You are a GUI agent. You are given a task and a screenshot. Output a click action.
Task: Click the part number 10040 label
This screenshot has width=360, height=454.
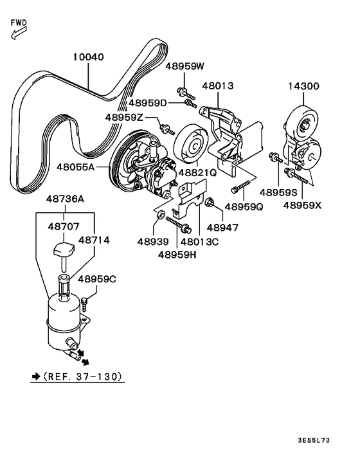pyautogui.click(x=87, y=57)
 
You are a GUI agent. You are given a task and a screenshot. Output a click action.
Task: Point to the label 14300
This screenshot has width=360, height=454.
pyautogui.click(x=303, y=86)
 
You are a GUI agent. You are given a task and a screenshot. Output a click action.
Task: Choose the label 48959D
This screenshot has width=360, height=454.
pyautogui.click(x=147, y=102)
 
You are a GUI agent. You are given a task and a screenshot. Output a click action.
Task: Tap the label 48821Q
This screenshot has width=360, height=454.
pyautogui.click(x=198, y=173)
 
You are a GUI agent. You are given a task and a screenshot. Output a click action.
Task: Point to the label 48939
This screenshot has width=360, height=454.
pyautogui.click(x=152, y=241)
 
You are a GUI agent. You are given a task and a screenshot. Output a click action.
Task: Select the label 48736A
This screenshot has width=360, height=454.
pyautogui.click(x=64, y=200)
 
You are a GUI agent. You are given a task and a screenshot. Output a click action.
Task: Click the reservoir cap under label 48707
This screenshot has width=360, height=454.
pyautogui.click(x=63, y=248)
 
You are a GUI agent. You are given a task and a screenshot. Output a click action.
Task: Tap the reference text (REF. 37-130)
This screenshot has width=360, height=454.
pyautogui.click(x=77, y=376)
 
